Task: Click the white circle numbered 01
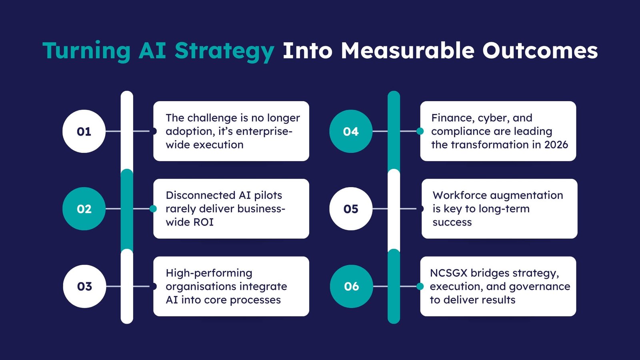click(84, 131)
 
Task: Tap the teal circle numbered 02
click(84, 209)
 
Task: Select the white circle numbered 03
click(84, 286)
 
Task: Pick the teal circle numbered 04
click(351, 131)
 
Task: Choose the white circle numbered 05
click(351, 209)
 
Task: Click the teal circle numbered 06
click(352, 286)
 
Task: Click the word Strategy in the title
click(224, 51)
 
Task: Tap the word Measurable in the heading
click(408, 51)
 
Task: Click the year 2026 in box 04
click(556, 144)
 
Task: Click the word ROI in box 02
click(204, 222)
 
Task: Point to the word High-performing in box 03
click(209, 273)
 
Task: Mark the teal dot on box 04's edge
click(420, 131)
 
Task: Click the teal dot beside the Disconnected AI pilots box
click(153, 209)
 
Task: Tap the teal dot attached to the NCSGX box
click(420, 286)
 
